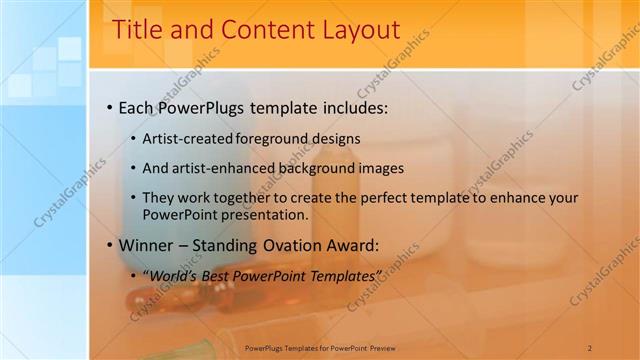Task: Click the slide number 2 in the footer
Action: click(x=589, y=348)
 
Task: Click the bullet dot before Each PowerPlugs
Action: click(x=108, y=107)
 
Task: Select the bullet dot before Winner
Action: click(x=108, y=245)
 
